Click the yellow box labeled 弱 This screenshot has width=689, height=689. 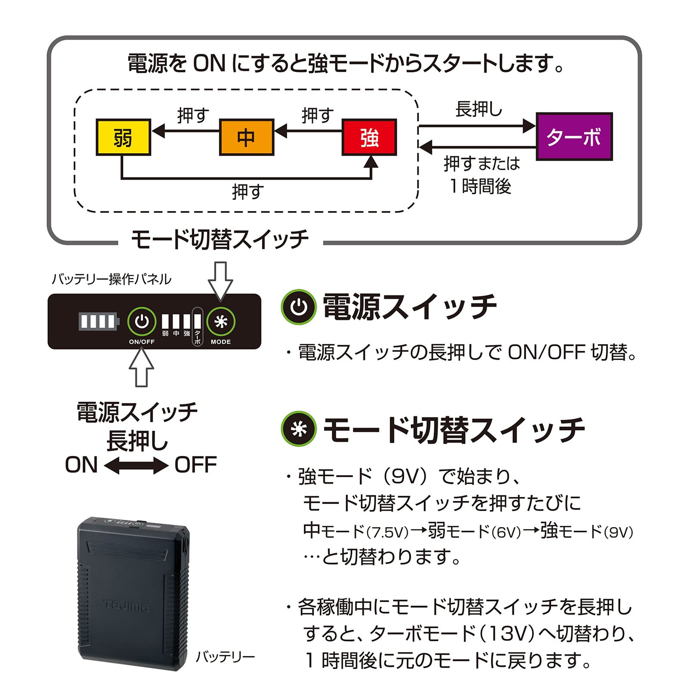tap(123, 137)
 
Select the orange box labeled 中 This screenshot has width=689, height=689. tap(246, 137)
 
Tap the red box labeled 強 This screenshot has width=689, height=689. tap(369, 137)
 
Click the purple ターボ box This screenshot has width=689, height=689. tap(574, 137)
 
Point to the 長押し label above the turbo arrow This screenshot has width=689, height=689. tap(479, 109)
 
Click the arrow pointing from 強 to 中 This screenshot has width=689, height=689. tap(308, 130)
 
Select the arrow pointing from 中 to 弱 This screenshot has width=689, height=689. tap(185, 130)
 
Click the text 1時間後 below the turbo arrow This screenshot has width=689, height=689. tap(480, 186)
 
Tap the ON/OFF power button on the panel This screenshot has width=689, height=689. tap(142, 321)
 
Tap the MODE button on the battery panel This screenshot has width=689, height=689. tap(220, 321)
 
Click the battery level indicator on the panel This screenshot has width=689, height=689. tap(98, 322)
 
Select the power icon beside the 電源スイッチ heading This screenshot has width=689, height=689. tap(298, 307)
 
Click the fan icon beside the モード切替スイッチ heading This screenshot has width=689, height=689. tap(298, 429)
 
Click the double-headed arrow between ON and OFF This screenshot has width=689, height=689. tap(136, 466)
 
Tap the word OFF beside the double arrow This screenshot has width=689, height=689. tap(196, 465)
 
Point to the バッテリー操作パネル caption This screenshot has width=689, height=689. tap(111, 279)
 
